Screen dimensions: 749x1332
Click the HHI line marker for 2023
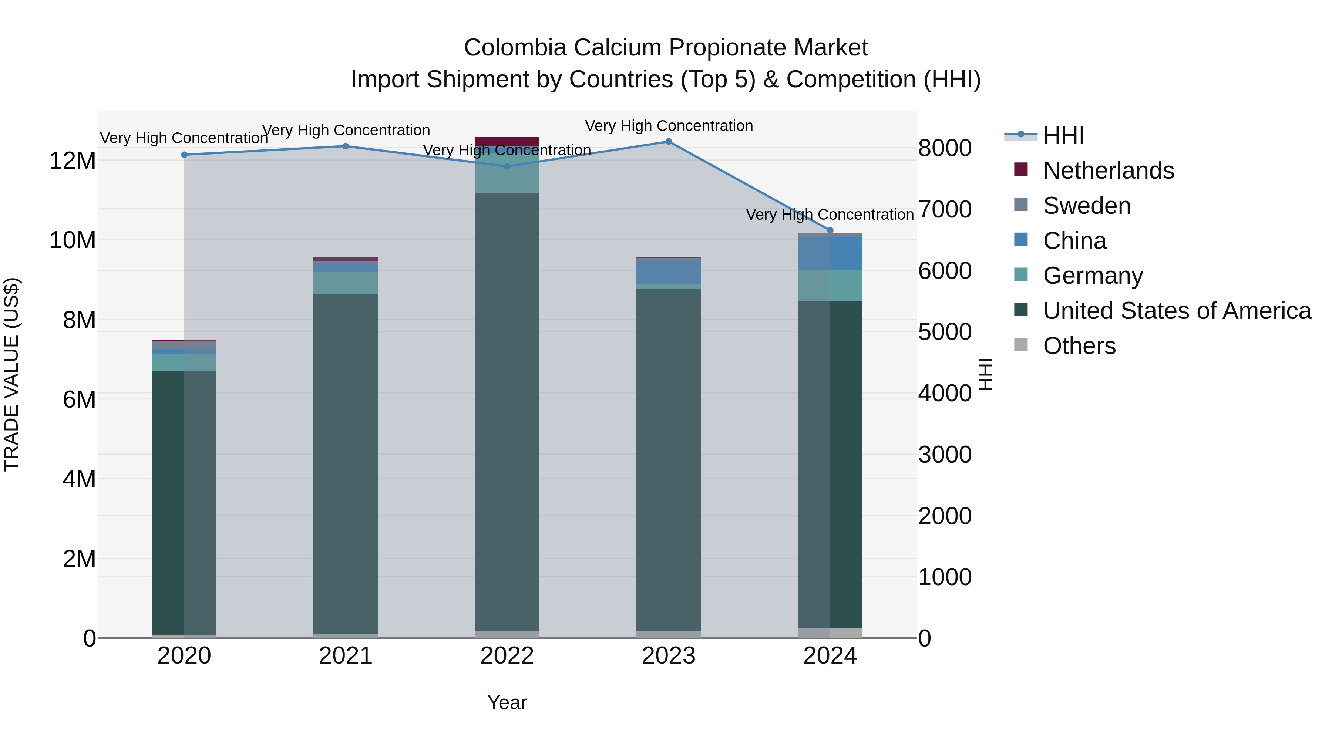(x=669, y=142)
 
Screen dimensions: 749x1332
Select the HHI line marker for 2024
(x=830, y=230)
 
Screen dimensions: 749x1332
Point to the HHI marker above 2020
(x=184, y=155)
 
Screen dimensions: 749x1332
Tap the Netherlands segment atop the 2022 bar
(x=507, y=141)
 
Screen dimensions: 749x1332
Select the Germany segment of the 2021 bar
(x=346, y=283)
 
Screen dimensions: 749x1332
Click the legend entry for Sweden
(x=1086, y=206)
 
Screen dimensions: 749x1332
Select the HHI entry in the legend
(x=1063, y=135)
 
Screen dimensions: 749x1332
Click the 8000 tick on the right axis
(x=945, y=148)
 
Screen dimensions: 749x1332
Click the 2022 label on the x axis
(x=507, y=656)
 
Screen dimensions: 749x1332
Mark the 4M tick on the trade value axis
(x=78, y=479)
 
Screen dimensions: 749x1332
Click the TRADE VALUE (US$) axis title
(x=11, y=374)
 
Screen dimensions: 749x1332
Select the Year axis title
(x=507, y=702)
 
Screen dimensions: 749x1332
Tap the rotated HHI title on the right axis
(x=986, y=374)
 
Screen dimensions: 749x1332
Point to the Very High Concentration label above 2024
(x=830, y=215)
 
